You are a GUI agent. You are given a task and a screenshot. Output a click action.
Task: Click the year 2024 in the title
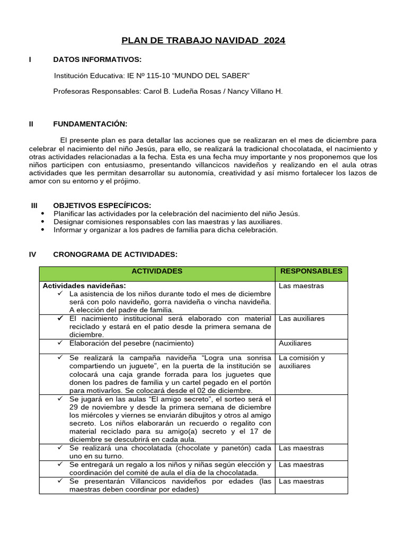[x=274, y=41]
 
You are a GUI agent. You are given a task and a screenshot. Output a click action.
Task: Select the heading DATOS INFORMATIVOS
[x=97, y=60]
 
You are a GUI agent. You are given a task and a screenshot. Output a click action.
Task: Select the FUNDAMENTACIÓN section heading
[x=90, y=124]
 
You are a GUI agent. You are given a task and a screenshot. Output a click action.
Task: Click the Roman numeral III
[x=34, y=205]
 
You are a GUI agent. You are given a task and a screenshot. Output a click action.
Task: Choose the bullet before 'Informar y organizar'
[x=43, y=230]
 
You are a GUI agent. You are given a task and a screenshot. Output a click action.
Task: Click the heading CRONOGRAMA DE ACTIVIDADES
[x=115, y=255]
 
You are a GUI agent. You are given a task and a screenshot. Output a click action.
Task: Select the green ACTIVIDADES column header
[x=156, y=272]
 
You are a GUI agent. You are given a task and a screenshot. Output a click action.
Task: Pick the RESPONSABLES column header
[x=311, y=272]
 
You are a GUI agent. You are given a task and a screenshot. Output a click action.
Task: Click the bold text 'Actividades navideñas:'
[x=79, y=286]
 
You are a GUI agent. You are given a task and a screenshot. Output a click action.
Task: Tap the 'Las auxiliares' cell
[x=302, y=319]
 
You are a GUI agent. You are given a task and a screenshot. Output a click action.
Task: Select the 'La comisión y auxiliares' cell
[x=302, y=362]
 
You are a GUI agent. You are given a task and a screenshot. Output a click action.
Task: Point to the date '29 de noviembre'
[x=95, y=407]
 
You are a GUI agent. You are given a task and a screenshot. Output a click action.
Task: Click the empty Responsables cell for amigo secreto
[x=311, y=418]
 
